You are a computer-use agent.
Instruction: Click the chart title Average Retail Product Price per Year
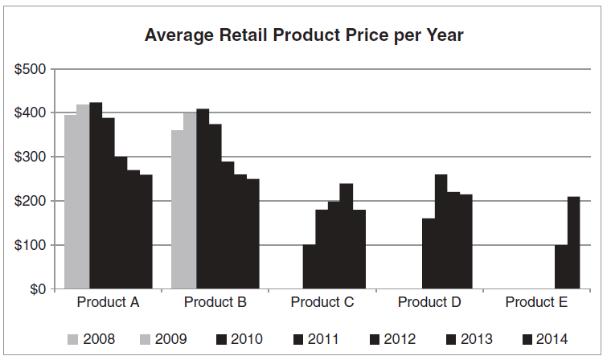[x=303, y=36]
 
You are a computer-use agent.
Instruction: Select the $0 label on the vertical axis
[x=36, y=289]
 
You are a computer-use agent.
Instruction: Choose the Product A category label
[x=109, y=303]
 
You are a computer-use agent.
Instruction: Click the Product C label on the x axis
[x=322, y=303]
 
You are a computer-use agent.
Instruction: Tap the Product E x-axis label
[x=536, y=303]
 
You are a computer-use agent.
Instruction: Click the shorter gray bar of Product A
[x=71, y=201]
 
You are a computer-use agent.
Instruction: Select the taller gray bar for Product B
[x=190, y=201]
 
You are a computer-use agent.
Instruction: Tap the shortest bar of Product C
[x=309, y=267]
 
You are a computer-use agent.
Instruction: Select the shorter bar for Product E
[x=561, y=267]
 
